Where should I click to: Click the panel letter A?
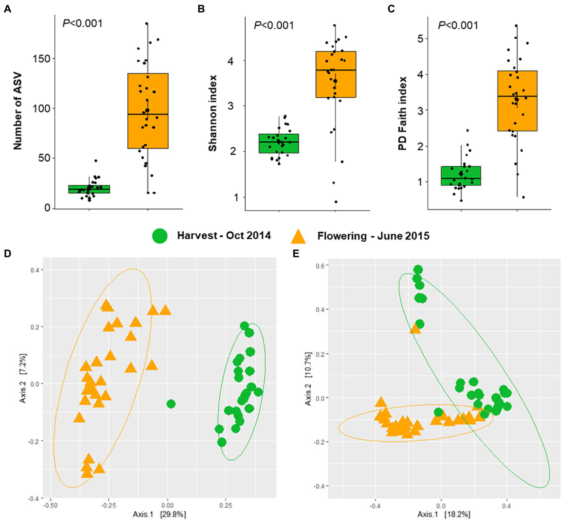(x=7, y=9)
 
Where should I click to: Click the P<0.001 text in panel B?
(x=274, y=25)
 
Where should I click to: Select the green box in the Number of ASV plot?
(x=89, y=189)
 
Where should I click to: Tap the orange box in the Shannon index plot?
(x=336, y=75)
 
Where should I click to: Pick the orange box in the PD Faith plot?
(x=517, y=101)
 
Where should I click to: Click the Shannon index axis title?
(x=213, y=113)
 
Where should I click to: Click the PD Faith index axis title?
(x=403, y=113)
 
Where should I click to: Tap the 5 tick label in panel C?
(x=420, y=39)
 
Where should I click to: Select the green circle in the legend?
(x=160, y=236)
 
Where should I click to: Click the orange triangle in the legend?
(x=298, y=236)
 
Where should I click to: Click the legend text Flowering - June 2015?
(x=373, y=236)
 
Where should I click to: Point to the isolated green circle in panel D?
(x=171, y=404)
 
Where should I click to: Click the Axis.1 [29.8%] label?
(x=159, y=514)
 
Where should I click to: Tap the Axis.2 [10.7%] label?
(x=308, y=379)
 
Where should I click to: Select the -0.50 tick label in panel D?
(x=50, y=506)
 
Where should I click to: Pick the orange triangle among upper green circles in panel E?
(x=415, y=329)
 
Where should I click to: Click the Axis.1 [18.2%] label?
(x=443, y=514)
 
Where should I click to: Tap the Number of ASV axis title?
(x=18, y=111)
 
